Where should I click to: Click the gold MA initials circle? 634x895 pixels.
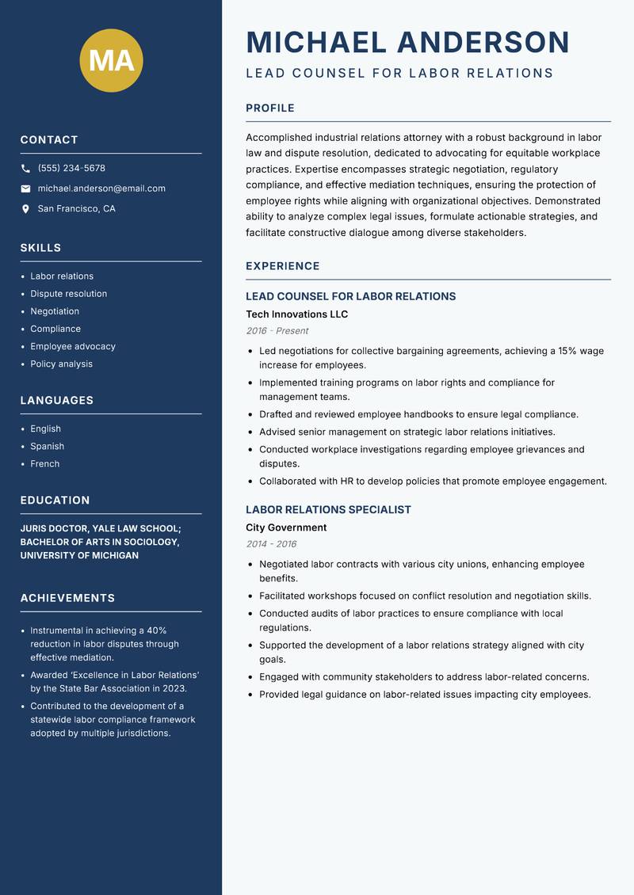(111, 60)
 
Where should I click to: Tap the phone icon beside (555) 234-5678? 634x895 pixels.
(25, 168)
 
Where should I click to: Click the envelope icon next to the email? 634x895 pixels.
(25, 189)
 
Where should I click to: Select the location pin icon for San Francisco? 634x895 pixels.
(25, 209)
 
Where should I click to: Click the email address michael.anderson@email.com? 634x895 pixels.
(101, 189)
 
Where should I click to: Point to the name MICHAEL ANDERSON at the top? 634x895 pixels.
(407, 42)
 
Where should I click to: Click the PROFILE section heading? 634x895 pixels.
(269, 108)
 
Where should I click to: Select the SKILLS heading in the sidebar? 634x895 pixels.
(40, 248)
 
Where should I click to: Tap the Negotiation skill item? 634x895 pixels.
(55, 311)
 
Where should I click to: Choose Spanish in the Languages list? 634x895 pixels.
(47, 446)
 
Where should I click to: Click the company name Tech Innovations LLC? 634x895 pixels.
(296, 314)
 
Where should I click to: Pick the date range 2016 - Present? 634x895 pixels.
(277, 331)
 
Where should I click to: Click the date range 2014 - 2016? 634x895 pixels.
(271, 544)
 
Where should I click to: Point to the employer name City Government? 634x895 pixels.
(286, 527)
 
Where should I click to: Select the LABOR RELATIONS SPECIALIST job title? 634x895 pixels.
(328, 509)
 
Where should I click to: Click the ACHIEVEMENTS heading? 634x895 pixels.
(67, 598)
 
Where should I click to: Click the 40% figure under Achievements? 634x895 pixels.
(156, 630)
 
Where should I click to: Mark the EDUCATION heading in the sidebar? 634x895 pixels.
(55, 501)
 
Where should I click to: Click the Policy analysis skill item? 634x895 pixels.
(61, 364)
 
